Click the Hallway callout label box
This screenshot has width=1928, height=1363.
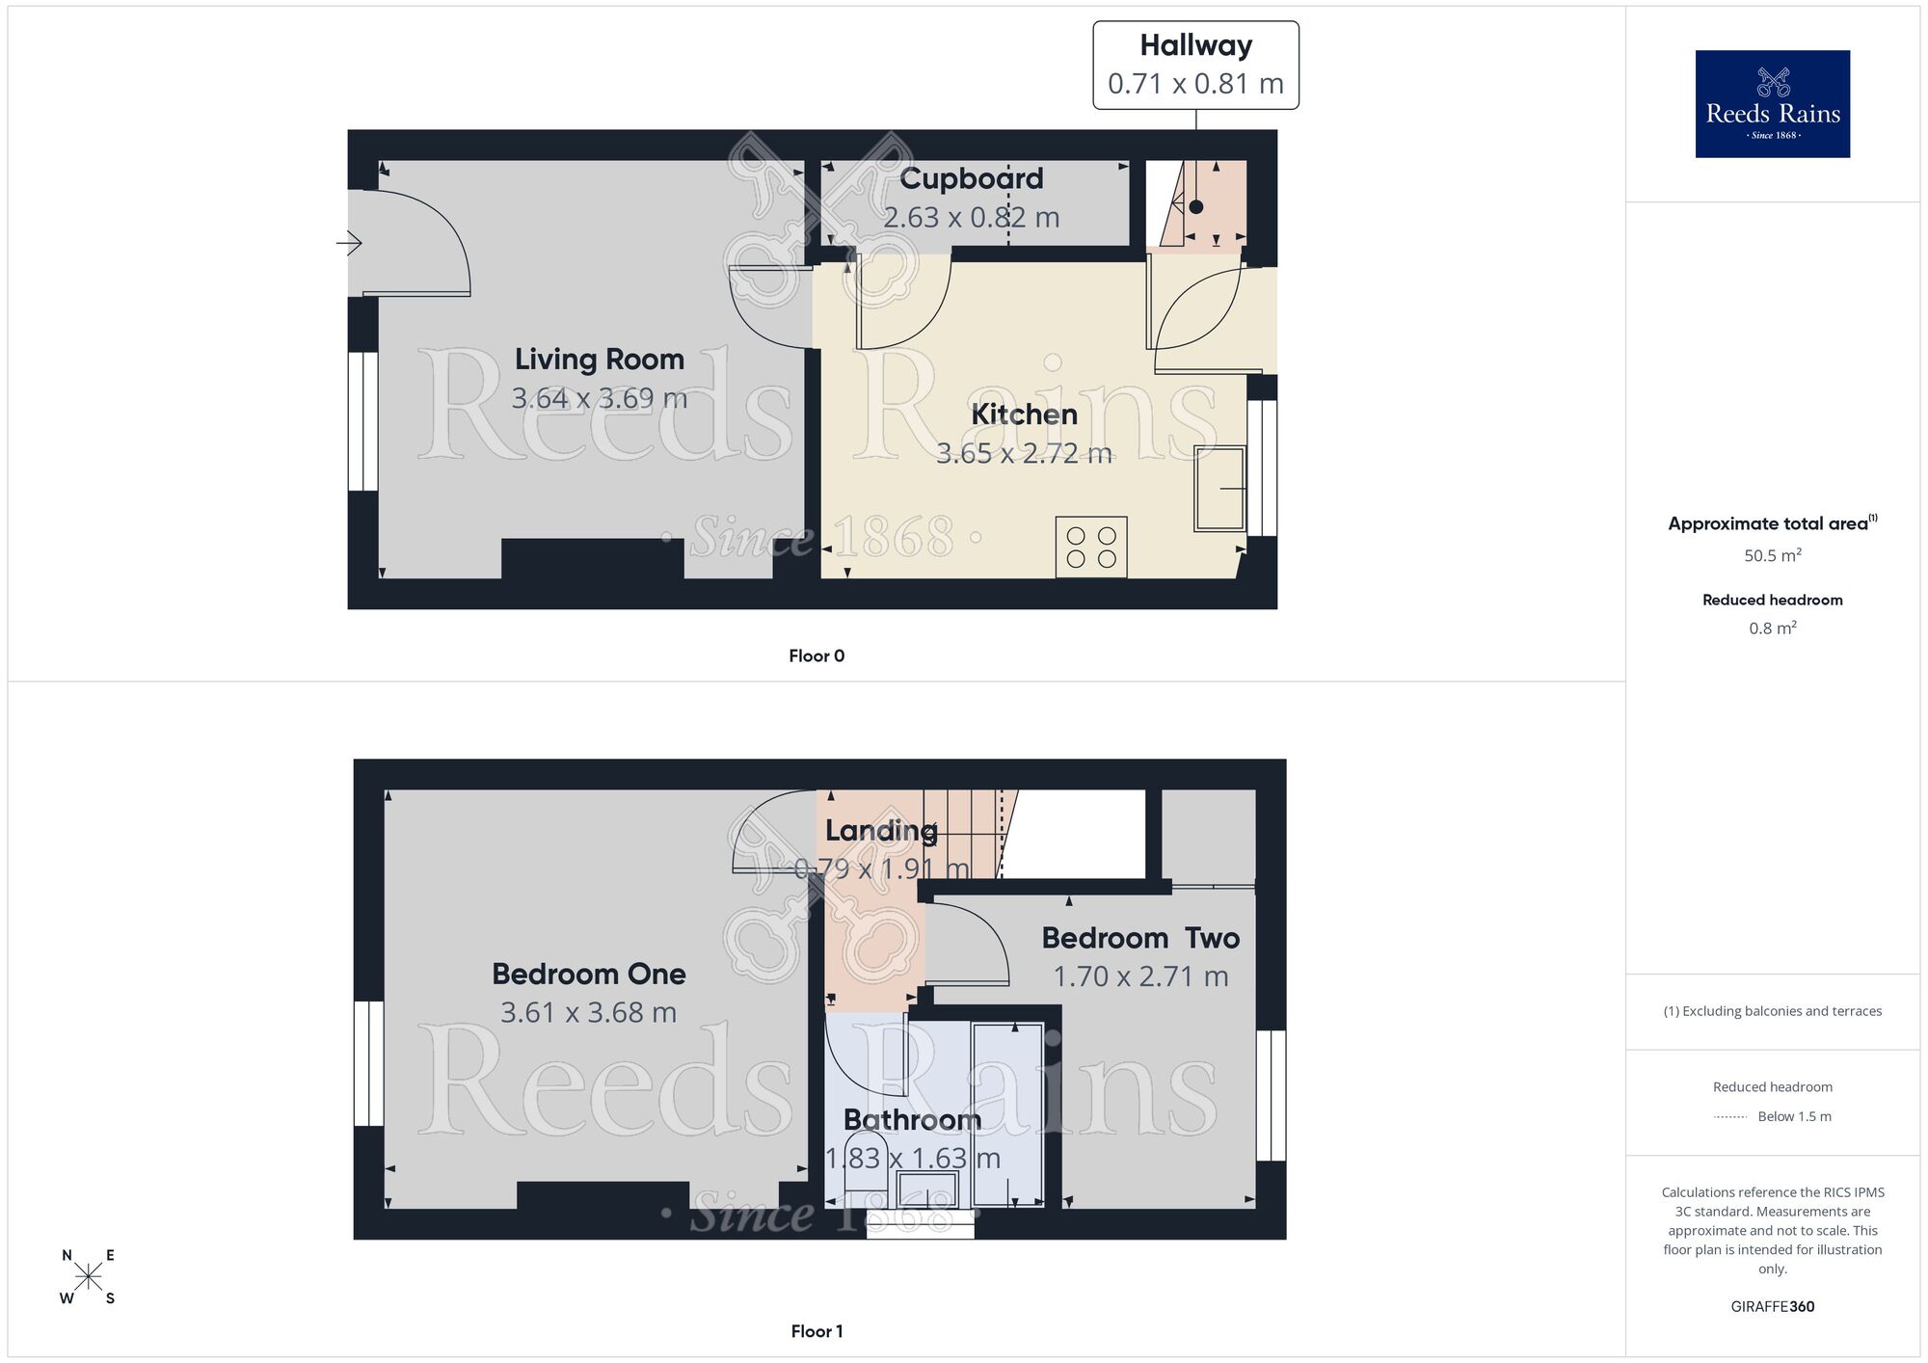pyautogui.click(x=1195, y=65)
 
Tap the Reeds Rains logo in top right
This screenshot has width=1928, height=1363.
pyautogui.click(x=1772, y=104)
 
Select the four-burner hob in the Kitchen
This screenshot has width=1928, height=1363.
pyautogui.click(x=1091, y=548)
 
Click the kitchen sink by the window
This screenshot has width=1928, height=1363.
pyautogui.click(x=1219, y=489)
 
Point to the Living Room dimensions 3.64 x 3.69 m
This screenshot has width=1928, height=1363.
pyautogui.click(x=599, y=398)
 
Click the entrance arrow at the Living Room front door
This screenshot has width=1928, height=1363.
pyautogui.click(x=348, y=244)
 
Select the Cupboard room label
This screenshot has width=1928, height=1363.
pyautogui.click(x=971, y=178)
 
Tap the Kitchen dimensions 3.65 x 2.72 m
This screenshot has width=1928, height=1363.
pyautogui.click(x=1024, y=453)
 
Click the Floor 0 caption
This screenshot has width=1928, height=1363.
pyautogui.click(x=816, y=655)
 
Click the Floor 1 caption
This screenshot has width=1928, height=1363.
pyautogui.click(x=816, y=1331)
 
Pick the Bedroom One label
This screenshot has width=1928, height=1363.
pyautogui.click(x=588, y=974)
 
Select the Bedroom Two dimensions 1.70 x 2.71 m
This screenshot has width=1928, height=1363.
pyautogui.click(x=1140, y=976)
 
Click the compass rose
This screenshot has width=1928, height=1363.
pyautogui.click(x=88, y=1277)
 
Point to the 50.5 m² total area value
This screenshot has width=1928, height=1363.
pyautogui.click(x=1772, y=555)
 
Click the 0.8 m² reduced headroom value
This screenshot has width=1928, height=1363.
pyautogui.click(x=1772, y=628)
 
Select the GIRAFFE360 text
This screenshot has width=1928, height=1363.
pyautogui.click(x=1772, y=1307)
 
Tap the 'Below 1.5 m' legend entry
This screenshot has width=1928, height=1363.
pyautogui.click(x=1793, y=1116)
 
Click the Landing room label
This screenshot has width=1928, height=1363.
pyautogui.click(x=880, y=830)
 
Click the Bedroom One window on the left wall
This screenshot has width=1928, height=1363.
pyautogui.click(x=368, y=1063)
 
